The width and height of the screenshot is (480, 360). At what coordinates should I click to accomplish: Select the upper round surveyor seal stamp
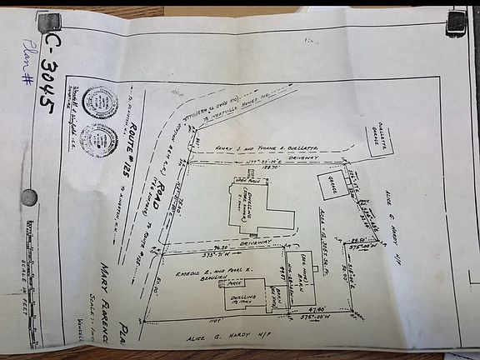(x=100, y=102)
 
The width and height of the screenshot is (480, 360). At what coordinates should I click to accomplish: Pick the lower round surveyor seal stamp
(x=99, y=140)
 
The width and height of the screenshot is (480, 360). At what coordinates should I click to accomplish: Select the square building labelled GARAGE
(x=333, y=185)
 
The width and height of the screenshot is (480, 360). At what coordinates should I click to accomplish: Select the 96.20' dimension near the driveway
(x=220, y=247)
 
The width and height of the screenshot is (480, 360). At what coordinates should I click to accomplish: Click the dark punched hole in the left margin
(x=28, y=197)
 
